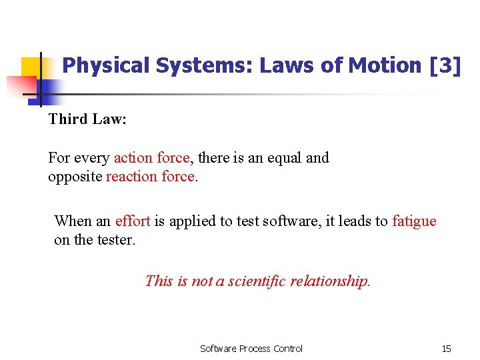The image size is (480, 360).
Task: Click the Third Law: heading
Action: [87, 119]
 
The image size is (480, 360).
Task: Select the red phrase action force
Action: [152, 158]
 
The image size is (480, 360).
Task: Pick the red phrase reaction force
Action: [150, 177]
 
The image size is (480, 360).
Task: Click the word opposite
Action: [75, 177]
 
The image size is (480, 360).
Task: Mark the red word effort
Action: [132, 221]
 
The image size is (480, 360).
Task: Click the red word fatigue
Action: [414, 221]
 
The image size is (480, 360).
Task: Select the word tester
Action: [117, 239]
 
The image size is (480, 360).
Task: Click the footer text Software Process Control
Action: [251, 349]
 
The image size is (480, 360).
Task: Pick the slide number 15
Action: [446, 349]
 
